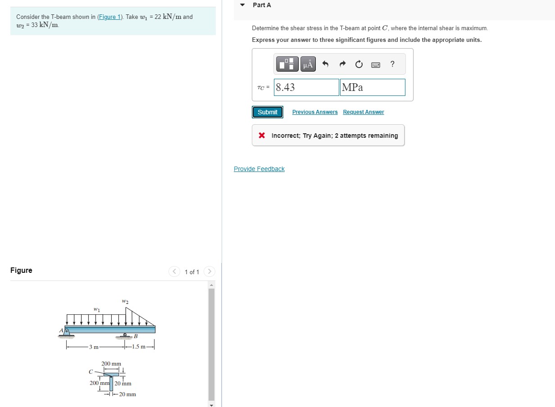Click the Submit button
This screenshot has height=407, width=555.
click(x=268, y=112)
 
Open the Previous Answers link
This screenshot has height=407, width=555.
click(x=314, y=112)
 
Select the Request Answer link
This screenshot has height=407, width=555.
click(x=363, y=112)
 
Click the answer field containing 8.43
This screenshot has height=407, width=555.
click(x=306, y=87)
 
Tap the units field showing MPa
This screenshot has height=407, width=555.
click(x=373, y=87)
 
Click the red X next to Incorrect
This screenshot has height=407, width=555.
click(x=262, y=136)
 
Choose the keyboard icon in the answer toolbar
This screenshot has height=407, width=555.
click(x=375, y=65)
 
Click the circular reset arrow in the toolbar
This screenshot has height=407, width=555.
click(x=359, y=64)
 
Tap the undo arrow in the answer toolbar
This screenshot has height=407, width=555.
click(x=326, y=64)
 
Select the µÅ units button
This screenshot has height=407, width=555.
click(x=308, y=64)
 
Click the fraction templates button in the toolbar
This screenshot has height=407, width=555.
click(x=288, y=64)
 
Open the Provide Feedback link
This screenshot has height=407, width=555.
click(x=259, y=169)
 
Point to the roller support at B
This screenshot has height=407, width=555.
click(x=125, y=335)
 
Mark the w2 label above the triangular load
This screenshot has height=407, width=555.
click(x=125, y=301)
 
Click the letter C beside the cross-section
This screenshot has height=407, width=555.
click(x=91, y=371)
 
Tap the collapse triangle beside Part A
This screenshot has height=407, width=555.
click(x=242, y=5)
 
